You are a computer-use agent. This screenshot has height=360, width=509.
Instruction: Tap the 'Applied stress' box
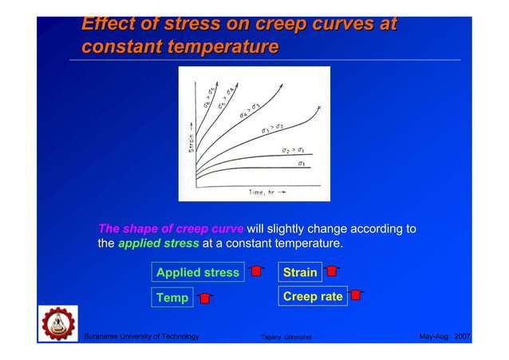pos(197,273)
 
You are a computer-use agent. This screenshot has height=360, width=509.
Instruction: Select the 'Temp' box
pos(172,298)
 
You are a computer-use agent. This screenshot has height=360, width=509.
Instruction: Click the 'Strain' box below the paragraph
pos(300,273)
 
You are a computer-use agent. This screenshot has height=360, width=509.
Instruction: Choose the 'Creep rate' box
pos(313,297)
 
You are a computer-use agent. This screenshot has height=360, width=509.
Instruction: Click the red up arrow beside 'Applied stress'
pos(256,273)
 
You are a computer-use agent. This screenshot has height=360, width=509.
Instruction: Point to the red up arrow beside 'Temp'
pos(205,299)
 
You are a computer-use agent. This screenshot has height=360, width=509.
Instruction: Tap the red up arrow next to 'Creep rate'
pos(357,295)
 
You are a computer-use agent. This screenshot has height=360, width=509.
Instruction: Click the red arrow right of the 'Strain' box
pos(333,273)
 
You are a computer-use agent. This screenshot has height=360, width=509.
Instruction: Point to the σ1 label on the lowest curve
pos(302,164)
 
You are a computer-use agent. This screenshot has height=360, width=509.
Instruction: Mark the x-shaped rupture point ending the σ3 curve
pos(318,107)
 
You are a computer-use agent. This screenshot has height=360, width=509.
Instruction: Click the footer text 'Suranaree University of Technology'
pos(141,336)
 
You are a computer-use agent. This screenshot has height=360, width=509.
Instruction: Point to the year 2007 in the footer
pos(463,336)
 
